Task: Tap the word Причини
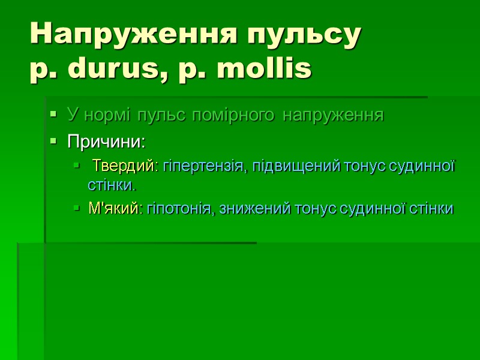click(x=106, y=143)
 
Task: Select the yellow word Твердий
click(x=126, y=166)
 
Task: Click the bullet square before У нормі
click(x=54, y=114)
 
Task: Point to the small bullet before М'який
click(x=76, y=208)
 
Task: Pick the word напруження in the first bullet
click(x=333, y=115)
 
